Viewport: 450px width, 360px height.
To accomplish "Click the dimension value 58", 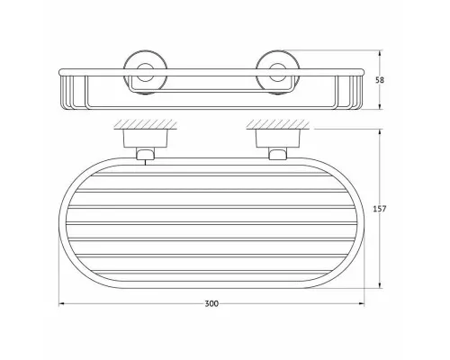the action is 380,80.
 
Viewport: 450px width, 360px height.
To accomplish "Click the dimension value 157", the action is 380,209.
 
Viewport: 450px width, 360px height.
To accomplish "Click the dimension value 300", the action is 211,304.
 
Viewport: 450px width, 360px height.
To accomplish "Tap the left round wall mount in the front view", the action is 146,72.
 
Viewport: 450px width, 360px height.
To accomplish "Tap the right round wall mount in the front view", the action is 277,72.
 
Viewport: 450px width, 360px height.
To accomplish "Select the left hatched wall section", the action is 145,124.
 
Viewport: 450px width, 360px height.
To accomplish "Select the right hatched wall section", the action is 278,124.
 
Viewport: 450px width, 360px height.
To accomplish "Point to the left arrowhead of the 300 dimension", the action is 62,304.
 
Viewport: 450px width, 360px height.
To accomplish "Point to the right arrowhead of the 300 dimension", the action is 361,304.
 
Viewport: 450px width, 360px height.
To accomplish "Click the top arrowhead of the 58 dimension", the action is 380,53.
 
